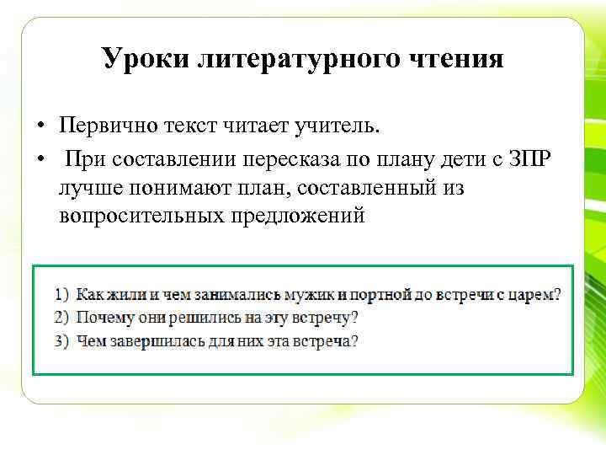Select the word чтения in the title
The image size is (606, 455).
point(458,59)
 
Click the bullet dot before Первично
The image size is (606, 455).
point(40,128)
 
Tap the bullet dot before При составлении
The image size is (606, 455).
point(40,158)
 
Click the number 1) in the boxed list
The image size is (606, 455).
point(62,296)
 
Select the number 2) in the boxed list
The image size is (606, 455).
point(62,318)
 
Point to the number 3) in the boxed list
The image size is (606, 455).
point(62,341)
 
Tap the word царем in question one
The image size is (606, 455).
point(537,296)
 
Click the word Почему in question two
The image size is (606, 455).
point(101,318)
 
